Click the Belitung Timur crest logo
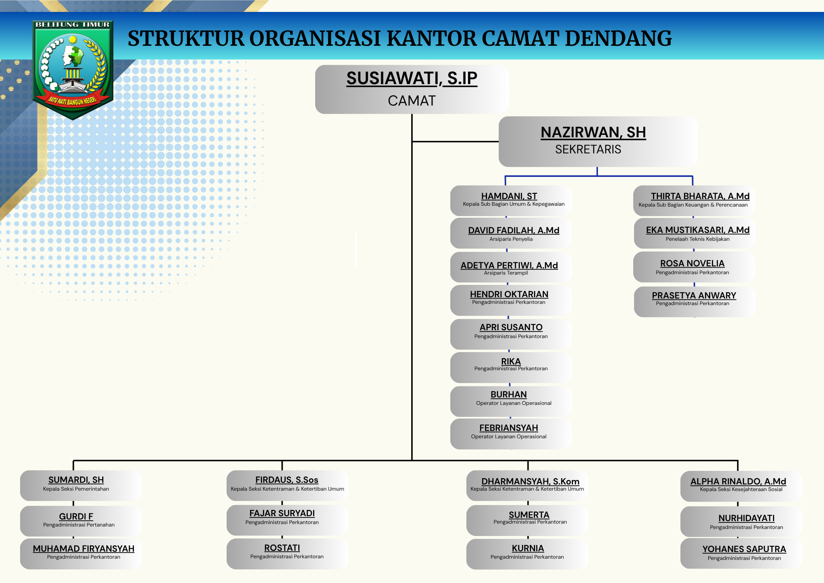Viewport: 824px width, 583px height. point(73,70)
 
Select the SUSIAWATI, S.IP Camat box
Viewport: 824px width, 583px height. point(412,89)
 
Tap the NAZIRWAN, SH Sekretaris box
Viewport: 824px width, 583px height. point(598,141)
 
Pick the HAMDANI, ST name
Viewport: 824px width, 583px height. point(509,196)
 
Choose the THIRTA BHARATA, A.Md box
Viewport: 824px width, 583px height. point(694,200)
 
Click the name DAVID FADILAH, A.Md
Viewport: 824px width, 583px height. point(514,230)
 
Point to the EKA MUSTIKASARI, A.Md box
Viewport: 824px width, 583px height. point(695,233)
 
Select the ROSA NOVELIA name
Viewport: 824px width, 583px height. point(692,263)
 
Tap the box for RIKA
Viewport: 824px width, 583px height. point(511,367)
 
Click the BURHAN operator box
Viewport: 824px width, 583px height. point(511,401)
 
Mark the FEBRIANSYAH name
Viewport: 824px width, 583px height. point(508,428)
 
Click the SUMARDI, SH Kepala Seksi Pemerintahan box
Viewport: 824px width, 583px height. point(81,486)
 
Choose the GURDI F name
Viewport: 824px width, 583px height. point(76,517)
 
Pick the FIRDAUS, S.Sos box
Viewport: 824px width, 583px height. point(288,486)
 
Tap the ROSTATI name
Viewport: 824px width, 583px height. point(282,548)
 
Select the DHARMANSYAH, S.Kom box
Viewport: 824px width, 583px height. point(527,486)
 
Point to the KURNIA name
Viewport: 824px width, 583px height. point(528,548)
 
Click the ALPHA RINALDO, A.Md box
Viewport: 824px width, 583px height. point(741,487)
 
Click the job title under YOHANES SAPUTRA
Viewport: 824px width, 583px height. point(744,558)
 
